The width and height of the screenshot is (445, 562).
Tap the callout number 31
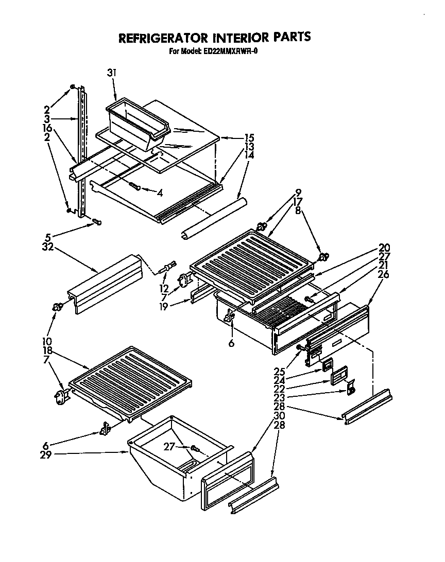point(112,73)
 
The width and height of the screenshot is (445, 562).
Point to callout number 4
point(160,193)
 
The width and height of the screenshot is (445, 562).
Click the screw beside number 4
point(135,186)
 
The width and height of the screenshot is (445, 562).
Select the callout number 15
point(249,137)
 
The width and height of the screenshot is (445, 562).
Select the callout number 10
point(47,341)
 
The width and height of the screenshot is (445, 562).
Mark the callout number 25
point(279,371)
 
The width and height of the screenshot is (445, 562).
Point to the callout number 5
point(47,238)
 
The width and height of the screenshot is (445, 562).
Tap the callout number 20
point(383,247)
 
